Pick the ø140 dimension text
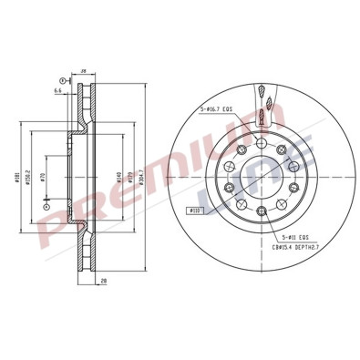pyautogui.click(x=119, y=180)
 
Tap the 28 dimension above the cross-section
pyautogui.click(x=83, y=70)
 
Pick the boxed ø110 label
pyautogui.click(x=194, y=211)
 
